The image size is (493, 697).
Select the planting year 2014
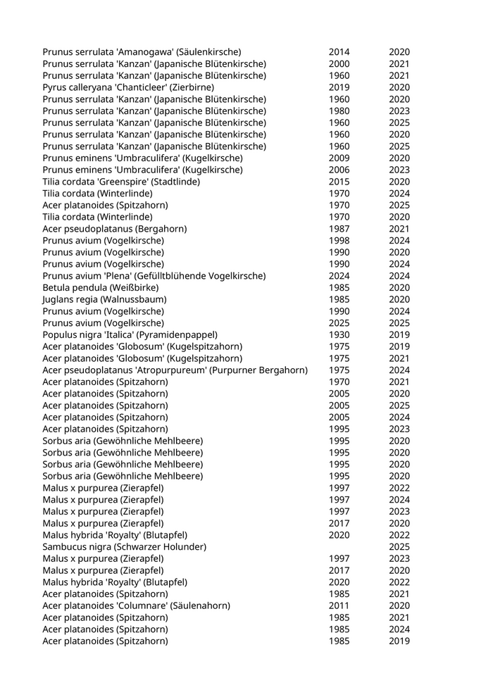[339, 52]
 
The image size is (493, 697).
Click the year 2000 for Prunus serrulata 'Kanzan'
[339, 64]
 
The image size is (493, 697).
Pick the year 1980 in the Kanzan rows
[339, 111]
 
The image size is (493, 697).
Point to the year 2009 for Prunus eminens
[339, 158]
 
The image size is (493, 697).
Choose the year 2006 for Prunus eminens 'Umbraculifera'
[339, 170]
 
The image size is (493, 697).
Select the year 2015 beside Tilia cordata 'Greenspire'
[339, 182]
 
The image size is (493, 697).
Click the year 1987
[339, 229]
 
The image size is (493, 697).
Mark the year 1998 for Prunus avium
[339, 241]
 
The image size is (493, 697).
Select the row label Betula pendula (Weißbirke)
[101, 287]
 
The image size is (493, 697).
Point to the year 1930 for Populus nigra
[339, 334]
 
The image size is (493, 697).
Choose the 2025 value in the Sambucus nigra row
[399, 547]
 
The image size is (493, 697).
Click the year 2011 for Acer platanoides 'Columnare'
[339, 605]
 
